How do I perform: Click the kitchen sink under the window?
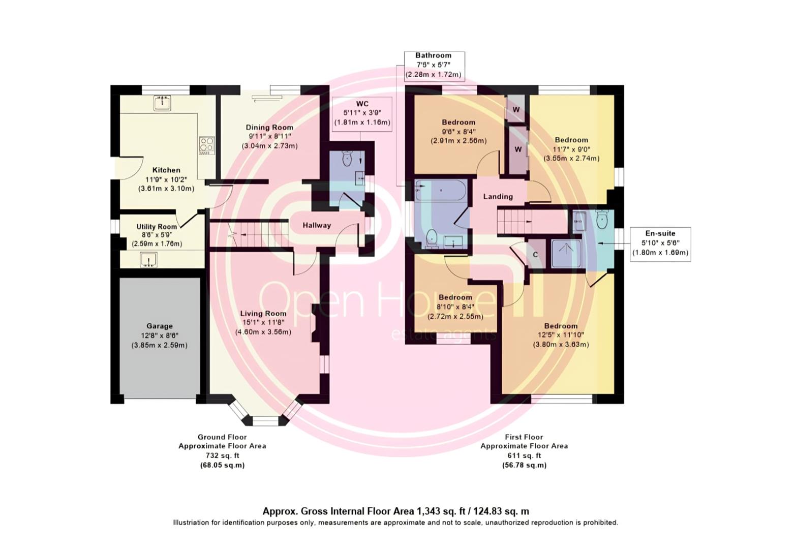pos(163,103)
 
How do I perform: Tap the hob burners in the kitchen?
pos(206,146)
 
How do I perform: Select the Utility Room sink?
pos(148,259)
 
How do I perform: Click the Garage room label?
pos(160,326)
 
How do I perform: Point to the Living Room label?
pos(263,313)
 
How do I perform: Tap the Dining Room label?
pos(270,128)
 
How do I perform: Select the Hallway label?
pos(317,225)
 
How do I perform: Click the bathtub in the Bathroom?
pos(440,191)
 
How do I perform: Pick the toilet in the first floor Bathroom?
pos(431,238)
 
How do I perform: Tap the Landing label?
pos(498,197)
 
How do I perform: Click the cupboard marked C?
pos(535,254)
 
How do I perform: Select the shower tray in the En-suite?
pos(566,254)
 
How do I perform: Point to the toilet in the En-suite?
pos(601,220)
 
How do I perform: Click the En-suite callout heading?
pos(660,233)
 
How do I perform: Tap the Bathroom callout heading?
pos(434,55)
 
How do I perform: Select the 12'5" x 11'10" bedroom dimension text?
pos(561,334)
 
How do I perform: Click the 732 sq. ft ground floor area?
pos(222,455)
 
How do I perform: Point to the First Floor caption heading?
pos(524,437)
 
